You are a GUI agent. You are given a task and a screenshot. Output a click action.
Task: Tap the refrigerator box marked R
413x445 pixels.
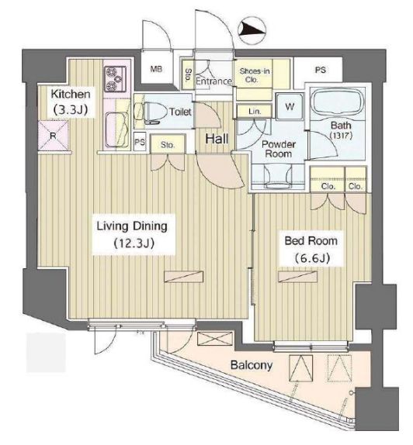tap(53, 136)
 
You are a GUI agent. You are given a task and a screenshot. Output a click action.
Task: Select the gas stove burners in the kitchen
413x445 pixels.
tap(116, 78)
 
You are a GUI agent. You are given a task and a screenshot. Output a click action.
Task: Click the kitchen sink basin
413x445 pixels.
tap(116, 129)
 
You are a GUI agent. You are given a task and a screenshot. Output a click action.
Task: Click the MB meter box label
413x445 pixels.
tap(156, 69)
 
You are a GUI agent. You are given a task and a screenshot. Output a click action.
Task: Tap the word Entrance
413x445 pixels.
tap(213, 81)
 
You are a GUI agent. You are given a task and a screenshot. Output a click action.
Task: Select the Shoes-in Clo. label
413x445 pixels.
tap(255, 75)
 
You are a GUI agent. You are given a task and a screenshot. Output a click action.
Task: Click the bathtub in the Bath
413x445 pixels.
tap(338, 102)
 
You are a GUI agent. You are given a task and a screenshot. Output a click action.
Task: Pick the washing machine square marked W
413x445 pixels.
tap(290, 106)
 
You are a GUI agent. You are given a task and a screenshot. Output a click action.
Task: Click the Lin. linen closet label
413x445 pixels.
tap(255, 112)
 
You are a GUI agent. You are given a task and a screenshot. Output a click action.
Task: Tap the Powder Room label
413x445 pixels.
tap(279, 149)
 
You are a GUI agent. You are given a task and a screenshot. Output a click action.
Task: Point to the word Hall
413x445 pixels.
tap(217, 139)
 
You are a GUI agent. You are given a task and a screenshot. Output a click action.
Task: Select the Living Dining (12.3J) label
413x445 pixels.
tap(132, 234)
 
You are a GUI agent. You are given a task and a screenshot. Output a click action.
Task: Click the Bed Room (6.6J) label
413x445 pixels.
tap(311, 250)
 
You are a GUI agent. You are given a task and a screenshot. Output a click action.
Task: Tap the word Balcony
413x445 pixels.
tap(252, 365)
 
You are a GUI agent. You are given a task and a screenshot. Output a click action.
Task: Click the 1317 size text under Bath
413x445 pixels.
tap(341, 135)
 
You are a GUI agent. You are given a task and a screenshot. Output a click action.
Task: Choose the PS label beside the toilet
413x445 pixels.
tap(140, 142)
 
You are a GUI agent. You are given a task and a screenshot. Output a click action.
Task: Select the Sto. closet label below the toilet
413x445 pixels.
tap(168, 145)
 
